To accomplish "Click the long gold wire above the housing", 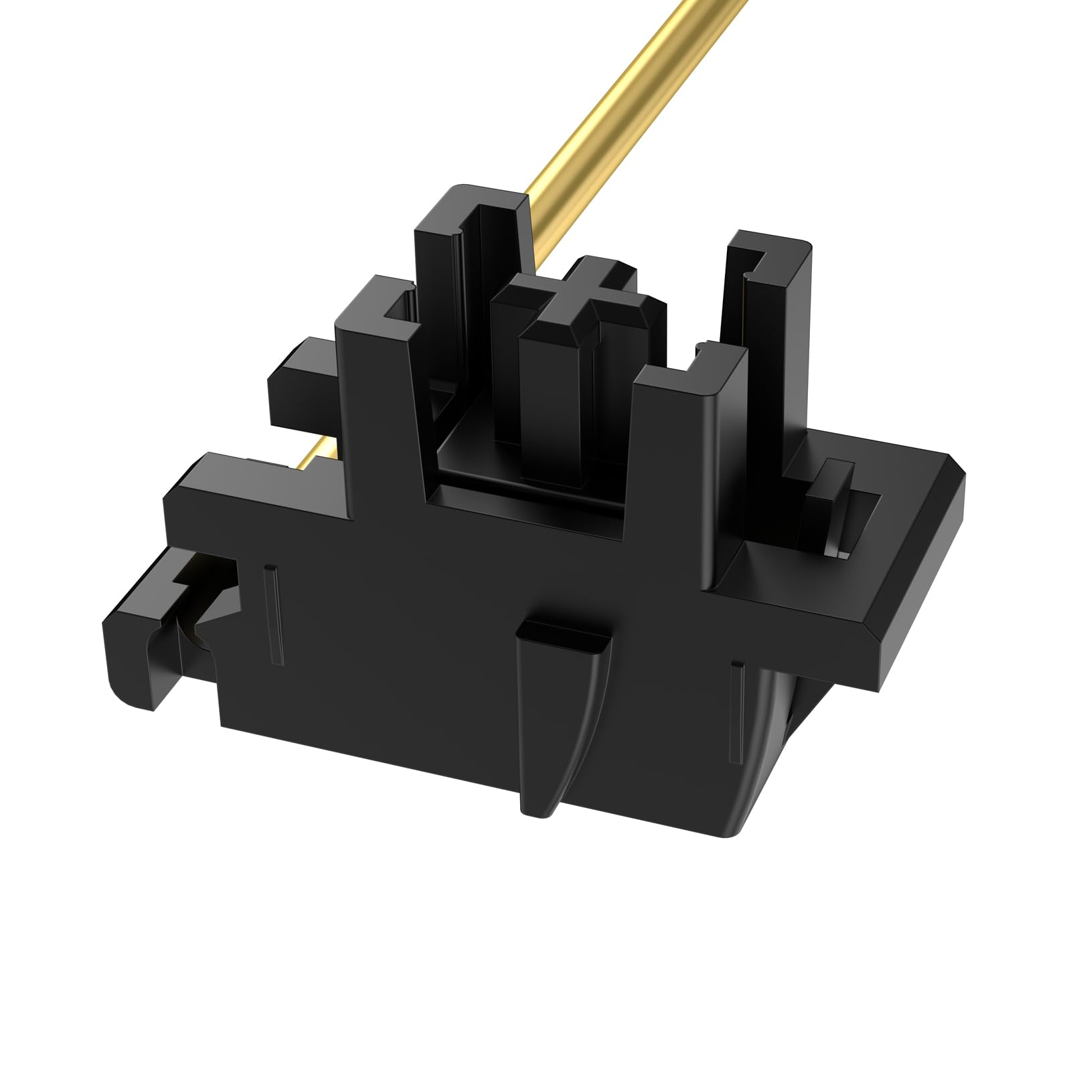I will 623,114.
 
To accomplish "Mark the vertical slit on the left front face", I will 274,616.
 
